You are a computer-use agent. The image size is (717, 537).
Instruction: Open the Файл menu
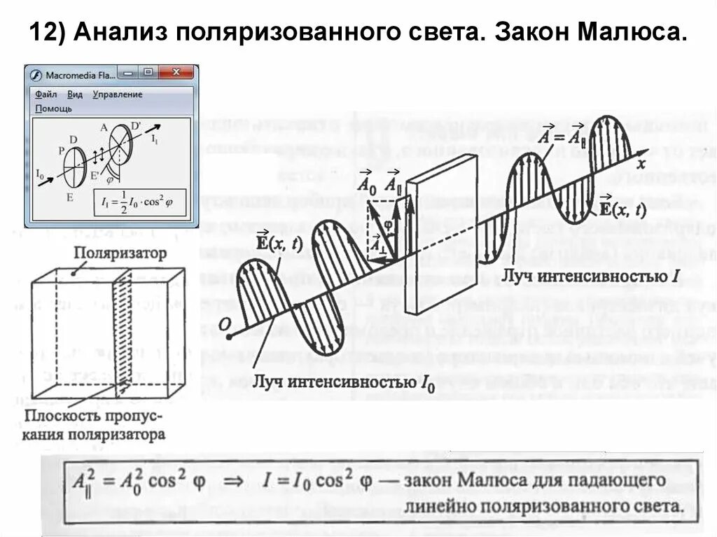click(x=46, y=94)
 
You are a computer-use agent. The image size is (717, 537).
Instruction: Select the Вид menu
click(x=76, y=94)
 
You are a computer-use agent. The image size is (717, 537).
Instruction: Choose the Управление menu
click(x=117, y=94)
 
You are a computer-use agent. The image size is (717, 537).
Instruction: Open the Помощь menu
click(x=53, y=109)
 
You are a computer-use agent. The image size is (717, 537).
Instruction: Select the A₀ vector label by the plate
click(x=365, y=184)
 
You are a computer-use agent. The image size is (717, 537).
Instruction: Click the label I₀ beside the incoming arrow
click(x=41, y=172)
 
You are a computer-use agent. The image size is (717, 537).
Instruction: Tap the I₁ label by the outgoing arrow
click(x=155, y=139)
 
